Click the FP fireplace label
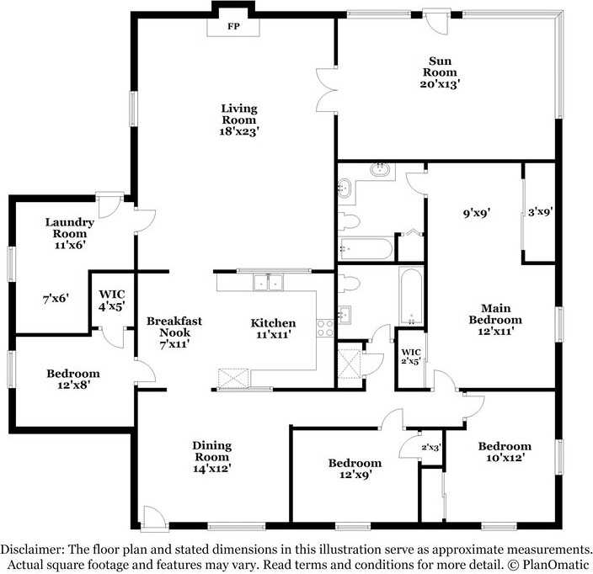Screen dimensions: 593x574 click(233, 26)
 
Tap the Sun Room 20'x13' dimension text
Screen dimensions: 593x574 click(440, 83)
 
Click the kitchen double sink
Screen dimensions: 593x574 click(268, 282)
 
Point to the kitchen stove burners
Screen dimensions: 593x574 click(325, 328)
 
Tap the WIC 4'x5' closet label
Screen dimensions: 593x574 click(112, 300)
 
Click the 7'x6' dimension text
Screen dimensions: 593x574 click(56, 299)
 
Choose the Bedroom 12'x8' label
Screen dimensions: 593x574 click(73, 380)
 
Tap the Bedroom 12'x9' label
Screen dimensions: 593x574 click(355, 469)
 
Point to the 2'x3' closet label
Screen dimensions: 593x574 click(431, 448)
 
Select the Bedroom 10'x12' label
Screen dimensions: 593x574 click(505, 452)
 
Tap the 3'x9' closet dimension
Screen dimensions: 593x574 click(541, 212)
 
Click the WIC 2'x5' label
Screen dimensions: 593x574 click(411, 357)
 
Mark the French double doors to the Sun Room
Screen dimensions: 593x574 click(327, 90)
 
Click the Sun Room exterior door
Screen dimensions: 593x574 click(436, 22)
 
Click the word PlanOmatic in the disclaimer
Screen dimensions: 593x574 click(556, 565)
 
